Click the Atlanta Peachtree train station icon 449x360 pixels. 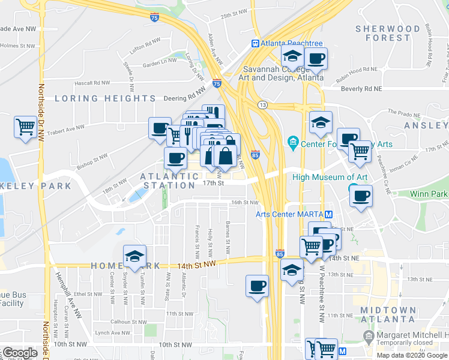255,43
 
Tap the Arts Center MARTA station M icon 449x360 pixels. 328,215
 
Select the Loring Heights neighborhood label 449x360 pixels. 106,98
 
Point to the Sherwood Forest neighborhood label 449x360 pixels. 387,33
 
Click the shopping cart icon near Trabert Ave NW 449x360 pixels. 25,126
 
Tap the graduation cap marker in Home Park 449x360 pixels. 134,256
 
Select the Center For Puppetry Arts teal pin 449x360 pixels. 293,143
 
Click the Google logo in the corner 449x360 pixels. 20,353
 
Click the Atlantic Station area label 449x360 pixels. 170,181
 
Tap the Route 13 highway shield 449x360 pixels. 262,105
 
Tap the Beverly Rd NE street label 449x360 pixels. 358,88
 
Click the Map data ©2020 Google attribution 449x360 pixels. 412,355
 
